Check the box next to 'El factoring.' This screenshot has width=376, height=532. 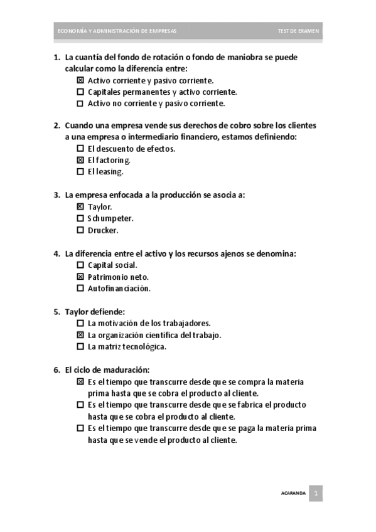pos(80,160)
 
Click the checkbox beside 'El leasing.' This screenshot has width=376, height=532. pos(80,171)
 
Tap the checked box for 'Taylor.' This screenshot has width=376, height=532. pos(80,206)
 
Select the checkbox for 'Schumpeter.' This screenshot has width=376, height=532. pos(80,218)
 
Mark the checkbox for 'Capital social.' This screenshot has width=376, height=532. pos(80,265)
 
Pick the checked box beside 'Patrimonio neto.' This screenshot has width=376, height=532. pos(80,277)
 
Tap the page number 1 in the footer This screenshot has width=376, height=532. pos(317,494)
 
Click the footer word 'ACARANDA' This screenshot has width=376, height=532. pos(293,494)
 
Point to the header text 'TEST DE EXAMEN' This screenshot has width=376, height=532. pos(298,31)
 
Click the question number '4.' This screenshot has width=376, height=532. pos(56,253)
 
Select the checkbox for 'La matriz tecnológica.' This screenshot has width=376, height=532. pos(80,346)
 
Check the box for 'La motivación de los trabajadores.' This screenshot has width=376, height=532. pos(80,323)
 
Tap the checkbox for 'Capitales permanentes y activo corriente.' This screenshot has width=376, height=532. pos(80,92)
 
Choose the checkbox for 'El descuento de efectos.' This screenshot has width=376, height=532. pos(80,149)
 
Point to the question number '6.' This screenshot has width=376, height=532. pos(56,370)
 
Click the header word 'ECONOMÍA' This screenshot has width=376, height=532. pos(68,31)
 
